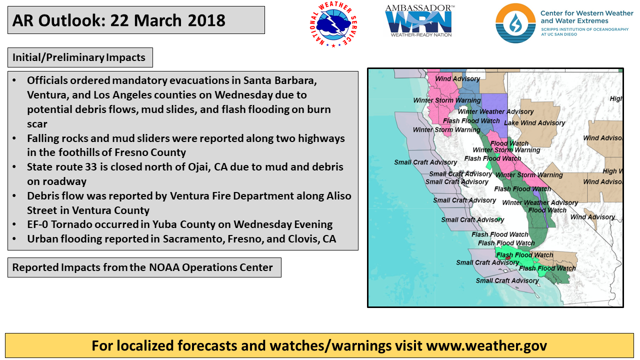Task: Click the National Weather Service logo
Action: (x=333, y=24)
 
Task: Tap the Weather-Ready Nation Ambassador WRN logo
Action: (x=419, y=21)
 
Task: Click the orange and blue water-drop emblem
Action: (x=515, y=23)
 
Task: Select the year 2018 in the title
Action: (x=206, y=20)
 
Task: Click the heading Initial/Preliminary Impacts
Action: (x=79, y=57)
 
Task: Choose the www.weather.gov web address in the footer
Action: (x=486, y=345)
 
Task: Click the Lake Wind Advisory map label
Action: (x=534, y=123)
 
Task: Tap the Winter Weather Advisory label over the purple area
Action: (x=495, y=111)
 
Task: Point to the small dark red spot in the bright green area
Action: (x=508, y=258)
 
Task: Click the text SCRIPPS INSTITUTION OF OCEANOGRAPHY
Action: (x=584, y=29)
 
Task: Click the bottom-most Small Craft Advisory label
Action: (x=507, y=280)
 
